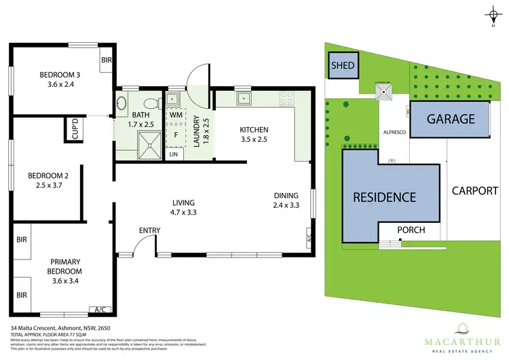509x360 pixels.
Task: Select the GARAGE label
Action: point(450,120)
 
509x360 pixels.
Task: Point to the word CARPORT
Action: point(475,190)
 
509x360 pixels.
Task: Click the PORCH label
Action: point(411,230)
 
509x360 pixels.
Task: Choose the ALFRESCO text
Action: point(394,132)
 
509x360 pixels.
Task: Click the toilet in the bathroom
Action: point(155,103)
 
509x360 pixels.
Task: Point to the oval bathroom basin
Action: point(122,105)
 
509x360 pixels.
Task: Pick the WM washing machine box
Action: point(175,115)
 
